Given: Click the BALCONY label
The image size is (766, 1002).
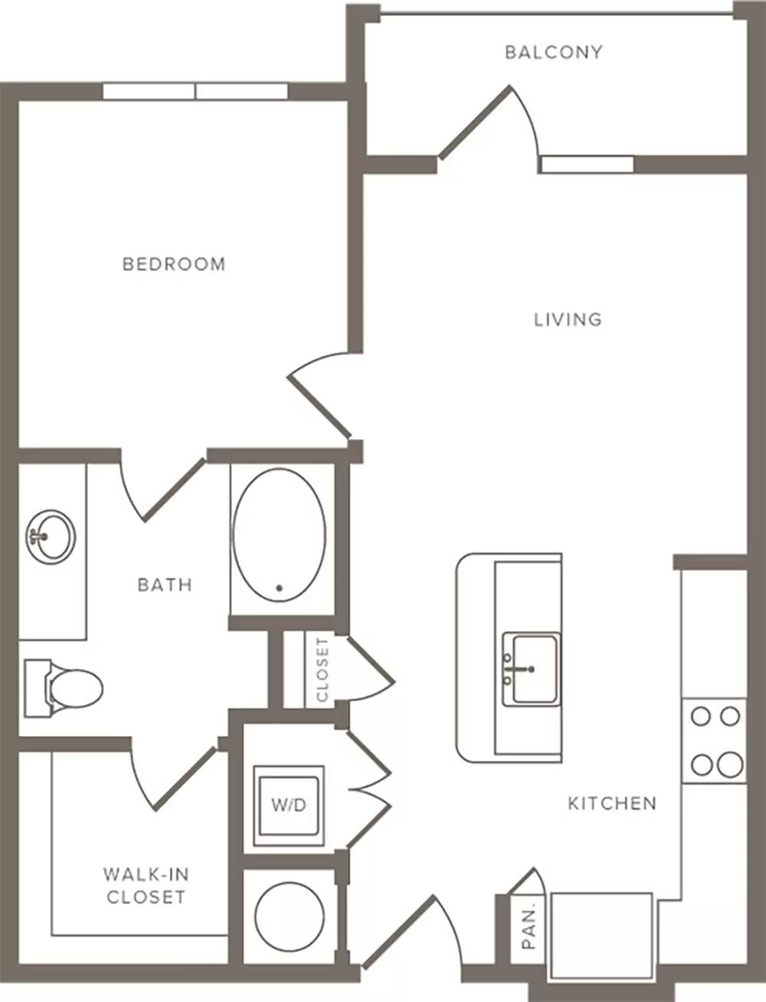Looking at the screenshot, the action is coord(554,53).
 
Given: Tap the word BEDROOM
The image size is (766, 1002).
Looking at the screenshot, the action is coord(175,264).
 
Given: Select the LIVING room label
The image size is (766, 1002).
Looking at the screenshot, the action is coord(568,319).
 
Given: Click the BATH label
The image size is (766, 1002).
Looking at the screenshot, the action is coord(165,584).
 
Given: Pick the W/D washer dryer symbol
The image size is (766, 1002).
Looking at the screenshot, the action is coord(289,806).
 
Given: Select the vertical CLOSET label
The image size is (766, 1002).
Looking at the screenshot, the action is coord(322,670).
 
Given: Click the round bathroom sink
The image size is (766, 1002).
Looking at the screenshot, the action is coord(51,537).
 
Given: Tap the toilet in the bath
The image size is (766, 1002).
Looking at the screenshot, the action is coord(64,688).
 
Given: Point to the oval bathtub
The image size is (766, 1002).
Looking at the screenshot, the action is coord(280,535).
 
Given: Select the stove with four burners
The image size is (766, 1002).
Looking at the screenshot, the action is coord(715,741).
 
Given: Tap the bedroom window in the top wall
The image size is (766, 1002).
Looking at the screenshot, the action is coord(195,91).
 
